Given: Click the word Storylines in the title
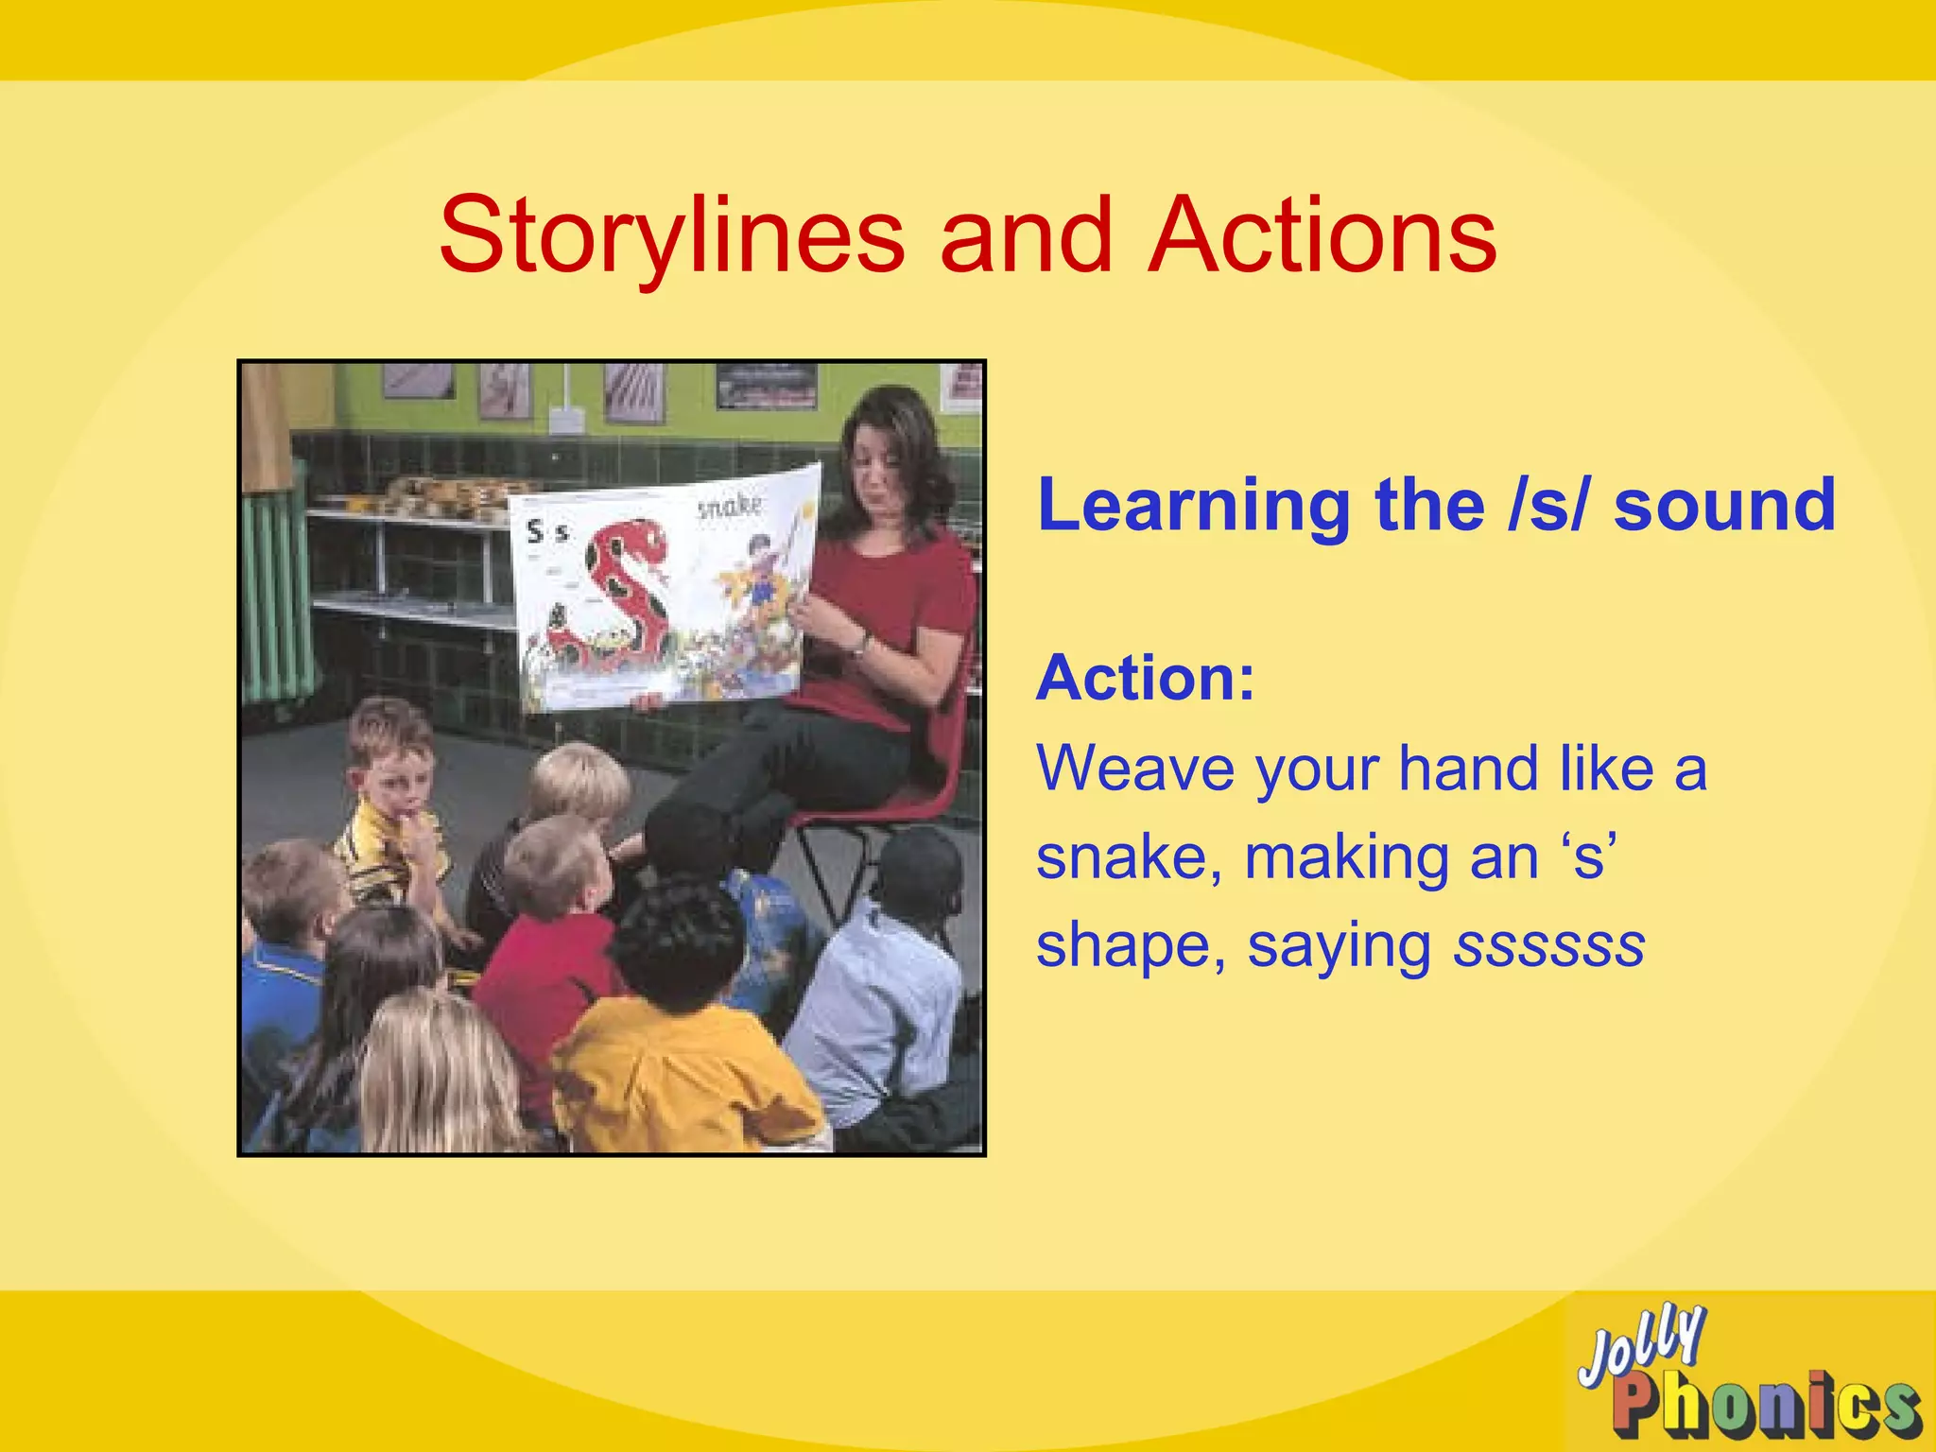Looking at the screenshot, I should pos(672,236).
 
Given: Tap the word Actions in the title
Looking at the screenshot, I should pos(1322,236).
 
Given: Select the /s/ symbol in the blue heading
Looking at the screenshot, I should pos(1547,506).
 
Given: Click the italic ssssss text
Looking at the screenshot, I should pos(1549,944).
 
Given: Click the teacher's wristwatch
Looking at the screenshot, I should pos(861,646).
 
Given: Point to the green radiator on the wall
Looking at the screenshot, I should pos(274,586).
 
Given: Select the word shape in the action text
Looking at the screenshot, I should pos(1131,946).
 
